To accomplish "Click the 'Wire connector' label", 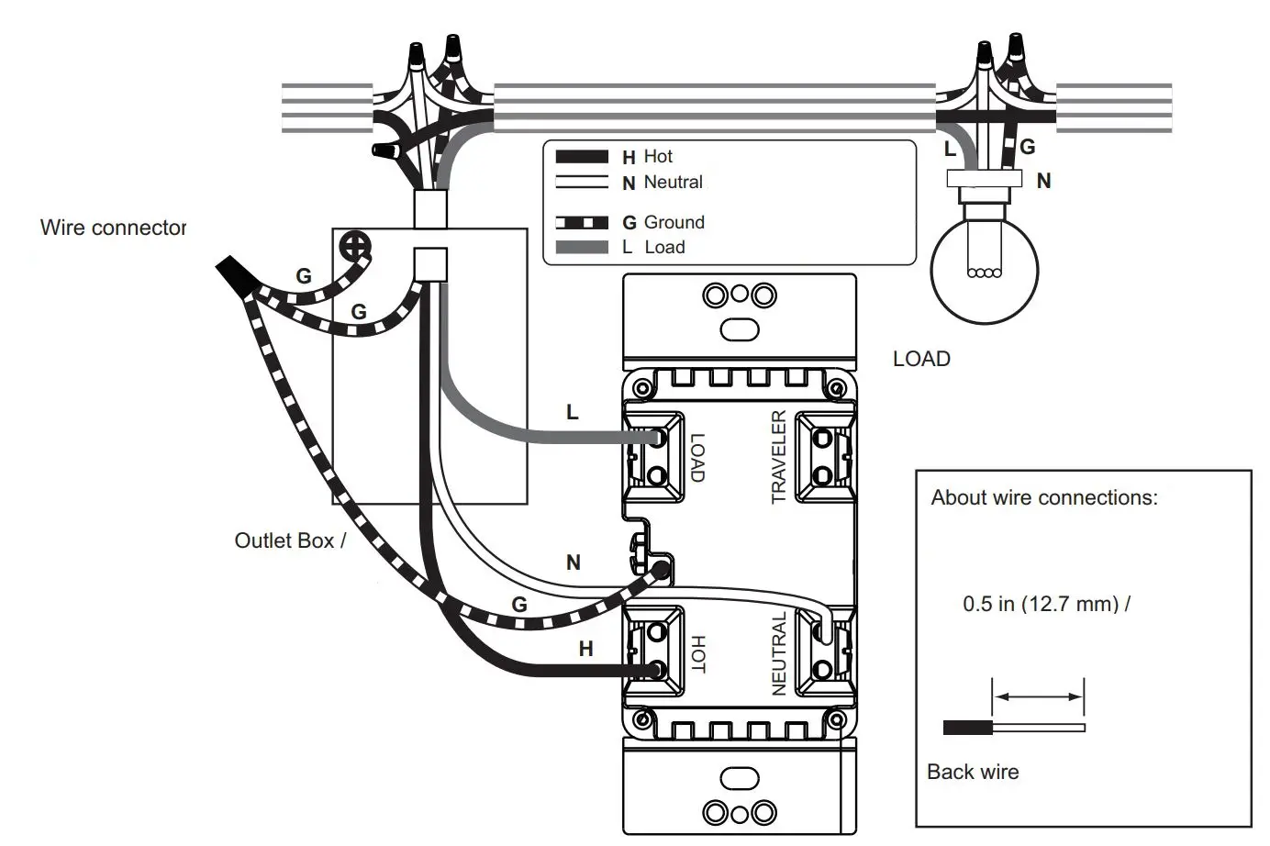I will tap(113, 228).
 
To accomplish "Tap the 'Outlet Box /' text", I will tap(290, 540).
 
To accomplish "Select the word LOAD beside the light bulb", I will tap(921, 359).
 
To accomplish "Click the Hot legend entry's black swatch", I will tap(582, 158).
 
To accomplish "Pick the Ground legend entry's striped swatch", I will tap(582, 223).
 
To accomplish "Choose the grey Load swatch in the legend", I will tap(582, 248).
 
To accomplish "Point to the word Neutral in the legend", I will tap(673, 183).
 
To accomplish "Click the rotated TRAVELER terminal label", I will tap(778, 457).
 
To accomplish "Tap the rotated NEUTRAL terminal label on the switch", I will tap(778, 653).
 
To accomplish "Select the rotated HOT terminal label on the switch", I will tap(697, 654).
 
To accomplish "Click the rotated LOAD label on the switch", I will tap(697, 458).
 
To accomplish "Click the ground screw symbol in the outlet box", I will tap(355, 245).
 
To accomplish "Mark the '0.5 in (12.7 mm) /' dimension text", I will tap(1046, 604).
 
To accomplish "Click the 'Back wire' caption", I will tap(973, 772).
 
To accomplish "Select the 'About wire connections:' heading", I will tap(1044, 497).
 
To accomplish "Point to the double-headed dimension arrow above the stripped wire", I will tap(1038, 697).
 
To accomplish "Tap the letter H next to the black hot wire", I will tap(585, 649).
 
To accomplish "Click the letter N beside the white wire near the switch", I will tap(574, 562).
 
